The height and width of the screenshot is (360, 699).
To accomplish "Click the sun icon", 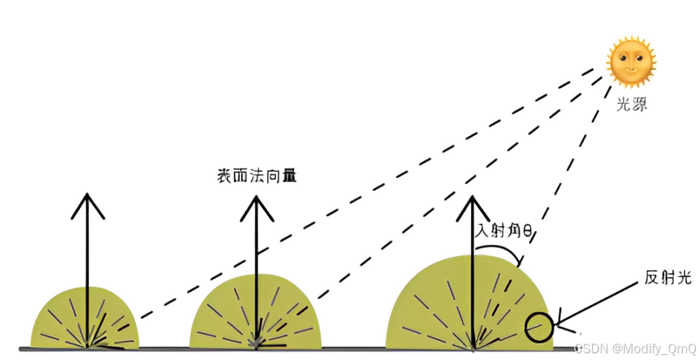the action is (631, 63).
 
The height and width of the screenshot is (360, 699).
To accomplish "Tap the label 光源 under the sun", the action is (631, 105).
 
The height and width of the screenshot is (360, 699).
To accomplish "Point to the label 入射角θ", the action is (505, 232).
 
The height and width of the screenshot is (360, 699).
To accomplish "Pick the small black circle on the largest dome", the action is (539, 327).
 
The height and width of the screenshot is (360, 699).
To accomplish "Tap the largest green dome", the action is (438, 304).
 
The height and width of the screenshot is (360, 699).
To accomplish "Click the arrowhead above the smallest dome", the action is (88, 204).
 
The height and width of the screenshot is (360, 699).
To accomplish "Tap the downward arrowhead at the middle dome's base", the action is (256, 342).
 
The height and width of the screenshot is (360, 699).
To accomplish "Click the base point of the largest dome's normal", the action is (473, 348).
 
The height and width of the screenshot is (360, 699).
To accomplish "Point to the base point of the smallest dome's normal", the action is (88, 347).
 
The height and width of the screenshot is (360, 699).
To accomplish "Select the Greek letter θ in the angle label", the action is (528, 232).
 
